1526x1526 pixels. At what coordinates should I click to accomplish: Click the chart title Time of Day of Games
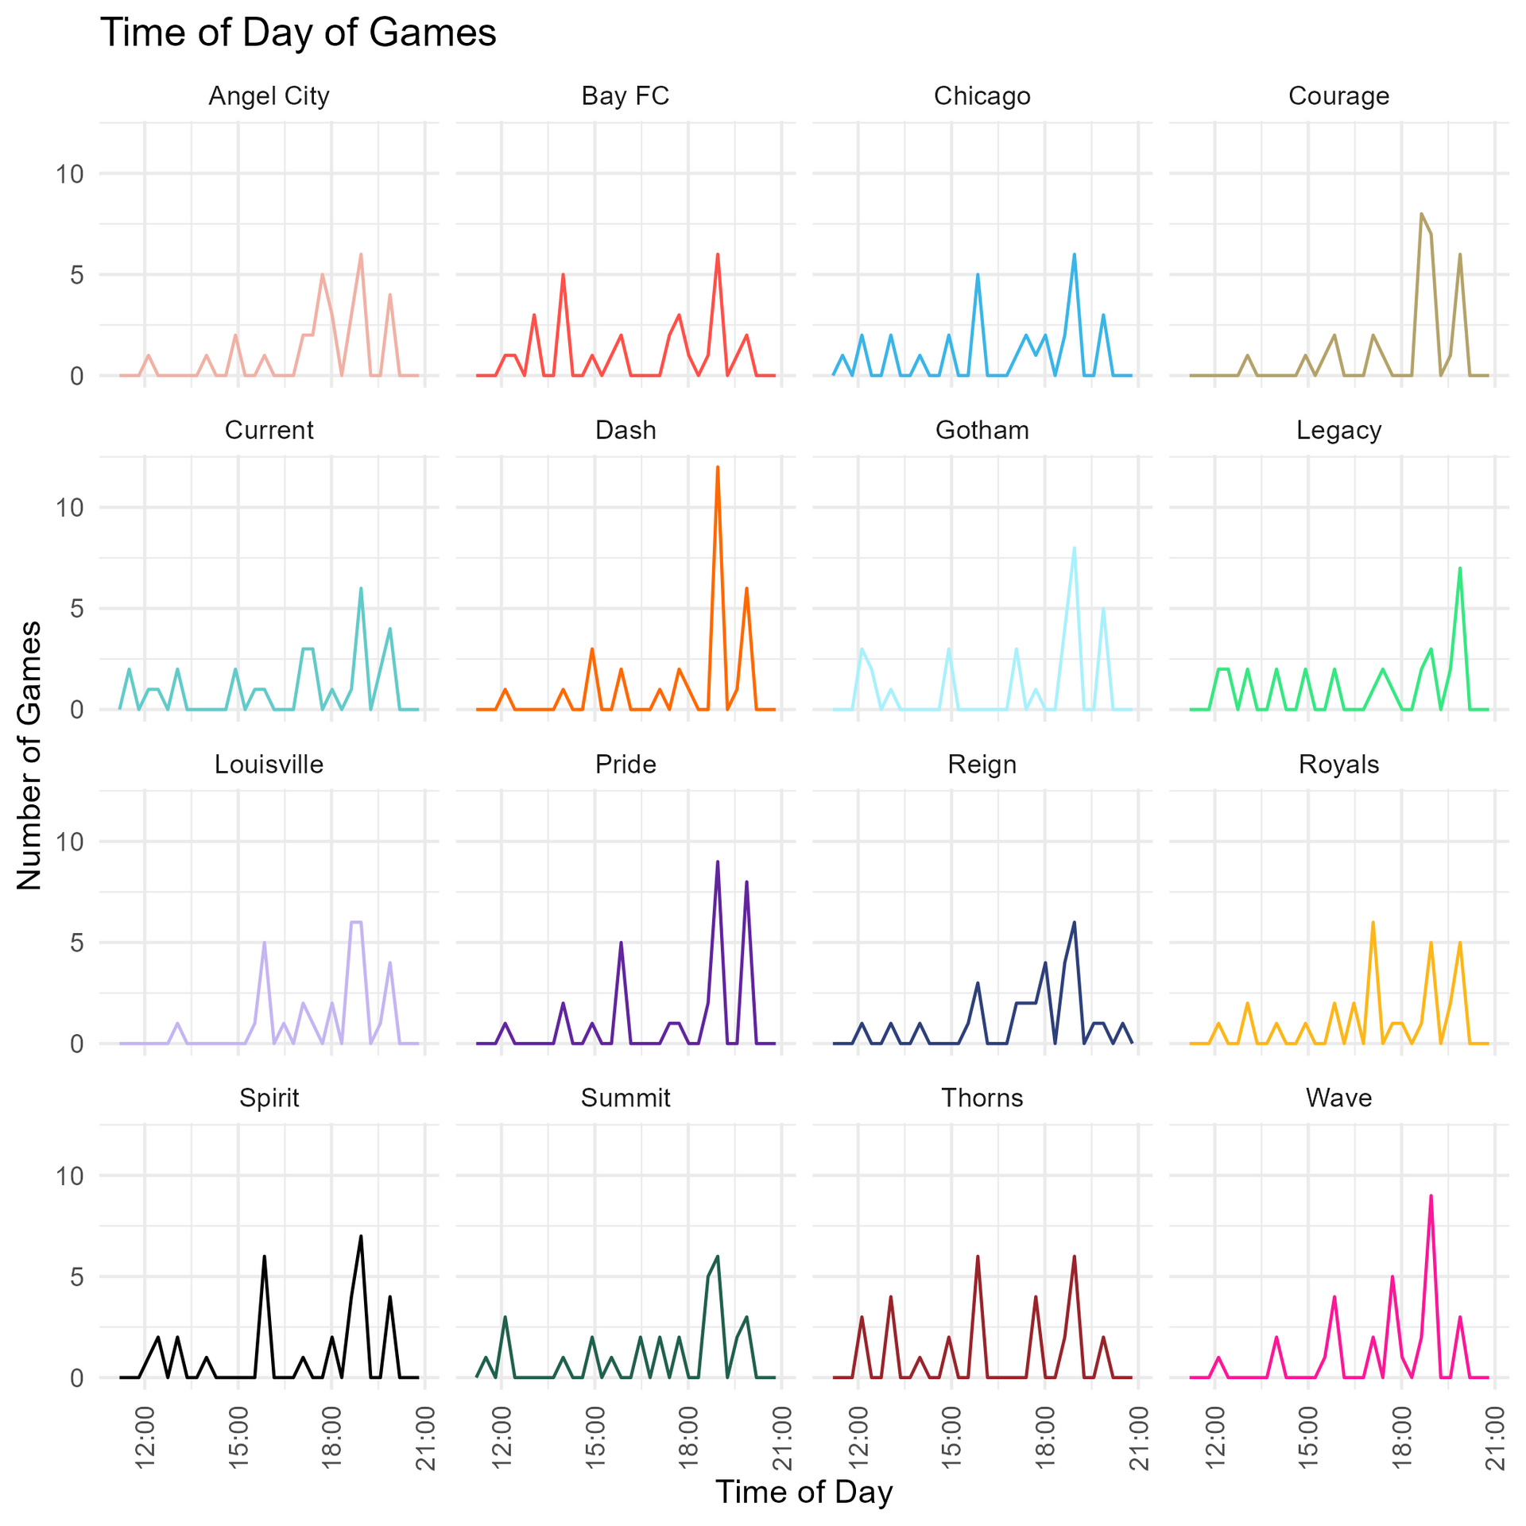(x=298, y=34)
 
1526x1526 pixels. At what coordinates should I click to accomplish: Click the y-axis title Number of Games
(x=29, y=755)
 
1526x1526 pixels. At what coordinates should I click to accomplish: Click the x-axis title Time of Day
(x=804, y=1492)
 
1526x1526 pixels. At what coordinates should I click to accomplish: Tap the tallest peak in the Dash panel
(x=717, y=467)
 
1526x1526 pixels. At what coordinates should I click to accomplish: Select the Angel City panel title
(x=269, y=96)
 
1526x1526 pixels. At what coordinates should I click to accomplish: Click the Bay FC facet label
(x=626, y=96)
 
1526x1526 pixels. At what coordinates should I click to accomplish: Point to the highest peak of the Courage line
(x=1421, y=214)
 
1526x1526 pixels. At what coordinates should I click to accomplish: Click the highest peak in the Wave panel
(x=1431, y=1196)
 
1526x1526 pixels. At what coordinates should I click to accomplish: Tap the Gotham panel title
(x=982, y=430)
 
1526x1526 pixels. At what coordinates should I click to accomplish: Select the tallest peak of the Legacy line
(x=1460, y=568)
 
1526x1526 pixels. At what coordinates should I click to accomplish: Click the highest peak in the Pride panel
(x=717, y=862)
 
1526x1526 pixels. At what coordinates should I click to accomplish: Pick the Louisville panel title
(x=269, y=765)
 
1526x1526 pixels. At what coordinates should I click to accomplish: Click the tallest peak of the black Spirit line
(x=361, y=1237)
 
